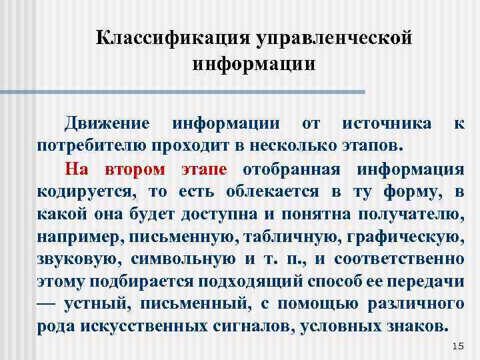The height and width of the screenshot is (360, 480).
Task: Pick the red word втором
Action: (x=138, y=168)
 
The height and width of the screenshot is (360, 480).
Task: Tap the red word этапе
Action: (x=204, y=168)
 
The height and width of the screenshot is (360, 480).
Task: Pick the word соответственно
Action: (x=399, y=259)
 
